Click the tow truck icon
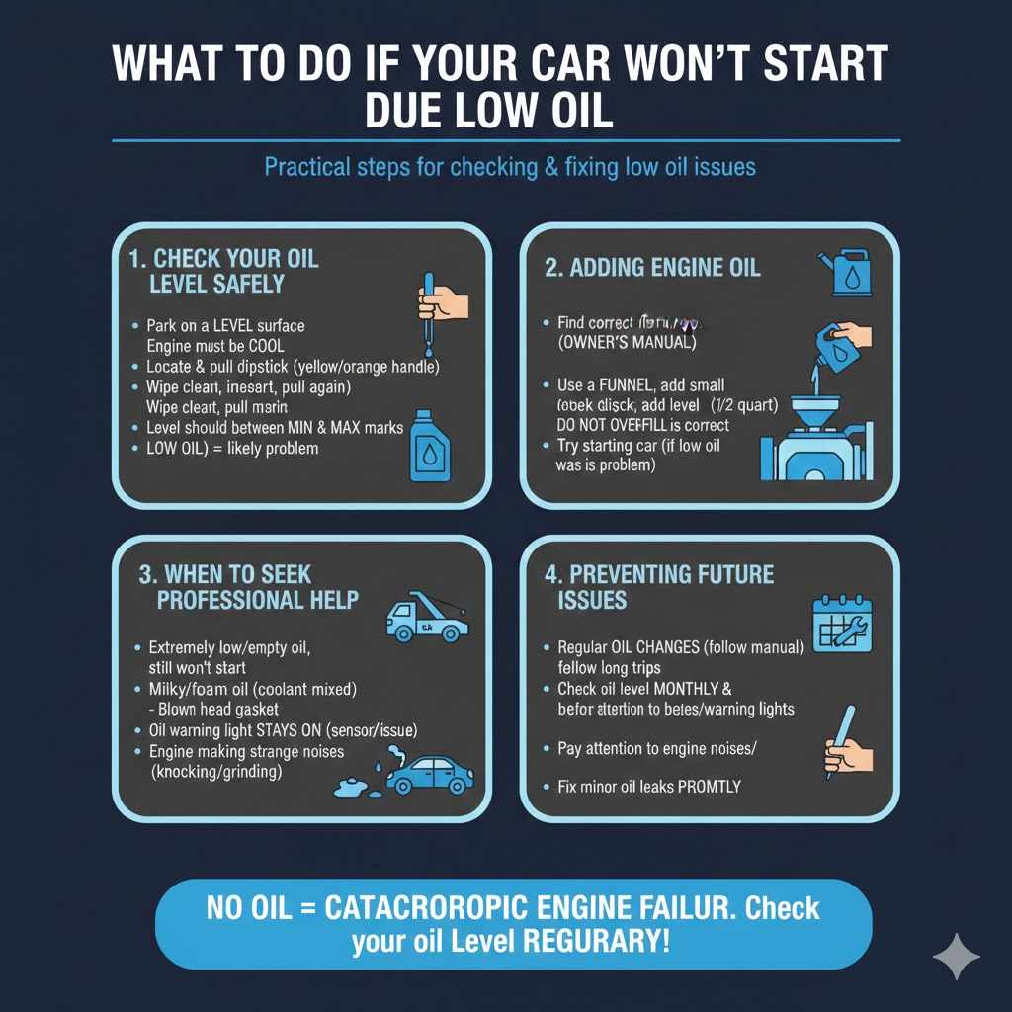point(425,618)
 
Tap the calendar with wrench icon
point(841,624)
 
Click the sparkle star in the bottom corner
point(957,956)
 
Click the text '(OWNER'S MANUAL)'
point(623,343)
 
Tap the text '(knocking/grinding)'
point(216,772)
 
